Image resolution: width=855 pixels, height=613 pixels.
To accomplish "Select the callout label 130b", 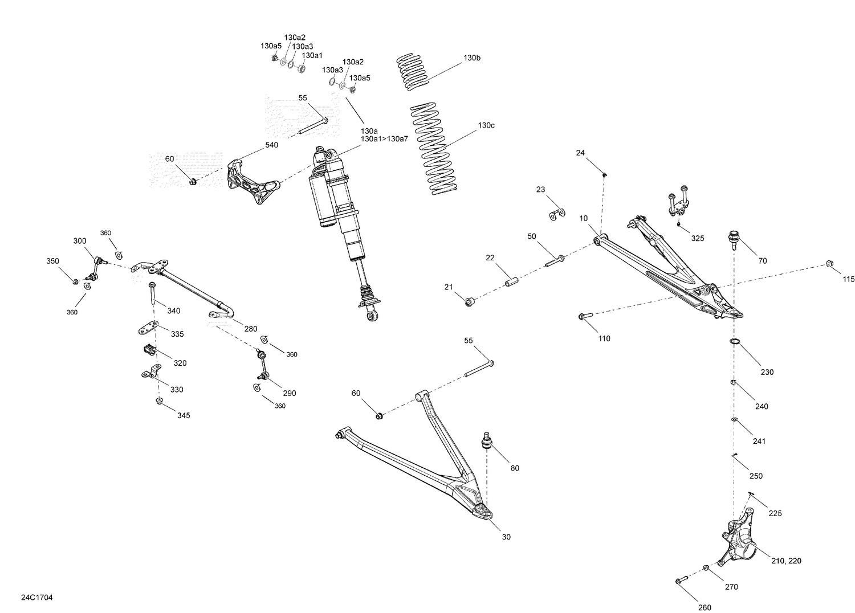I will pos(472,58).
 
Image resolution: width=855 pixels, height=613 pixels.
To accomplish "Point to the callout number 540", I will pos(271,145).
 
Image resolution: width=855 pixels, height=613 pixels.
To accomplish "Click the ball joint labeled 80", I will pos(487,441).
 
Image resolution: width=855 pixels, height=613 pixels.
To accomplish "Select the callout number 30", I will pos(506,537).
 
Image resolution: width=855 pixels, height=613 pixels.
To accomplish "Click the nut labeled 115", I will pos(830,263).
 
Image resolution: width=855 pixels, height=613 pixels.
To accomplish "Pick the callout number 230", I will pos(767,372).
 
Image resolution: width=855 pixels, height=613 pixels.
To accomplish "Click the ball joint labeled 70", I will pos(733,239).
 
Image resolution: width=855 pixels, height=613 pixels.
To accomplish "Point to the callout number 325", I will pos(697,238).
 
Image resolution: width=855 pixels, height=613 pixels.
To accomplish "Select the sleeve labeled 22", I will pos(511,281).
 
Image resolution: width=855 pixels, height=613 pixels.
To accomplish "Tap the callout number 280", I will pos(250,329).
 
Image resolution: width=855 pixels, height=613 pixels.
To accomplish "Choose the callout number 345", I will pos(183,415).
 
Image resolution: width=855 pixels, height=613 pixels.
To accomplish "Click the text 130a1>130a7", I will pos(384,139).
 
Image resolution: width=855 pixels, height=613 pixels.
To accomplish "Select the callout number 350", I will pos(52,261).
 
